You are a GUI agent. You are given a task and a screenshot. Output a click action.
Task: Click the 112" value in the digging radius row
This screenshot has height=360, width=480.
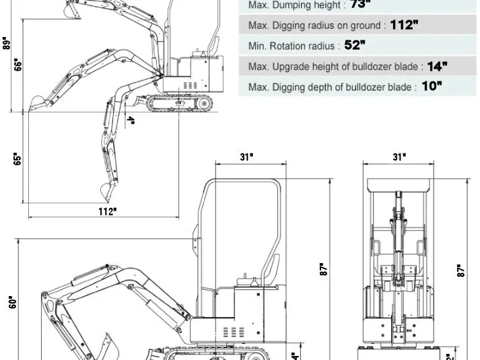point(404,26)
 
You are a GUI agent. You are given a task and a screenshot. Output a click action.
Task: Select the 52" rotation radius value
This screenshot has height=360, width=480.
point(354,46)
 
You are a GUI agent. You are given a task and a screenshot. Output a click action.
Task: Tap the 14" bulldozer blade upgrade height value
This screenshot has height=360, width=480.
point(437,66)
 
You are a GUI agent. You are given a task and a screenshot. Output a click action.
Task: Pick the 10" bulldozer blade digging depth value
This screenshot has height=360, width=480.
point(432,87)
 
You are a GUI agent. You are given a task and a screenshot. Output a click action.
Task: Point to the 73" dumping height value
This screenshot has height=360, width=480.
point(360,5)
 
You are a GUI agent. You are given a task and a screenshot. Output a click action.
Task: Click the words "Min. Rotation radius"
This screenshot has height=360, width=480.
point(294,46)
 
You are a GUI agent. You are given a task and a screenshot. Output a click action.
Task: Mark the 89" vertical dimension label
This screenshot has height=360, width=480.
point(7,44)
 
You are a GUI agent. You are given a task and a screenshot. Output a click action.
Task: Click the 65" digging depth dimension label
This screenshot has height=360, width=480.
point(18,158)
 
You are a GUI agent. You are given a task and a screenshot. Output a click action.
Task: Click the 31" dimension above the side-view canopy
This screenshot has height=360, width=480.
point(246,157)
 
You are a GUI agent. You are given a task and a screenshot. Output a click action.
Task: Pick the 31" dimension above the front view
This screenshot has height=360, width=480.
point(399,157)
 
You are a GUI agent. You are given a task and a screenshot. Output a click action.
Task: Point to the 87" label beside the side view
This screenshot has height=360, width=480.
point(324,270)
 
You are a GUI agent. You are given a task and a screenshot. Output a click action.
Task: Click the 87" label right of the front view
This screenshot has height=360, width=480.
point(461,270)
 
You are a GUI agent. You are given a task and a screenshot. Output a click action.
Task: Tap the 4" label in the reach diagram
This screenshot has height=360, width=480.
point(131,121)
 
